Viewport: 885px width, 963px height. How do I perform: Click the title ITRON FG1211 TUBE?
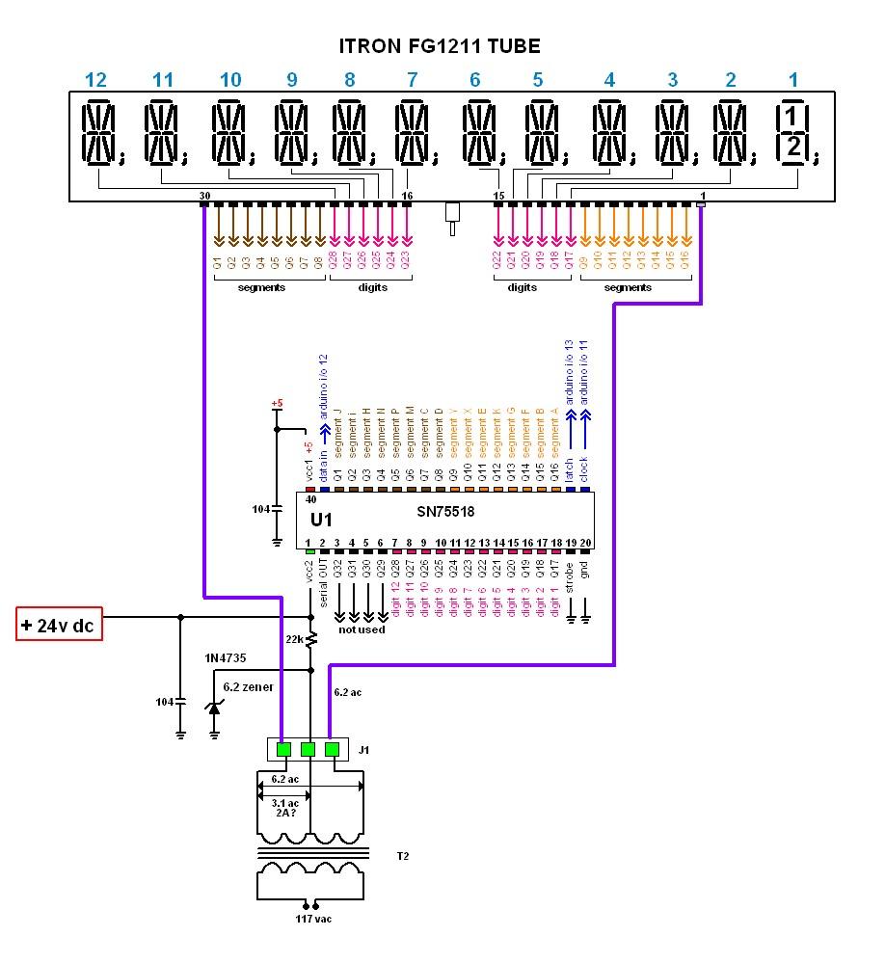(x=439, y=46)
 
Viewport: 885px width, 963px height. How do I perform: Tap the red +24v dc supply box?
(x=60, y=626)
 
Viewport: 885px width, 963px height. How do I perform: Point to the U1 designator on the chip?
(x=321, y=519)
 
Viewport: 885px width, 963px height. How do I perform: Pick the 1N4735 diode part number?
(x=224, y=657)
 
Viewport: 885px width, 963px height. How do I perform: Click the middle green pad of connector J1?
(x=308, y=749)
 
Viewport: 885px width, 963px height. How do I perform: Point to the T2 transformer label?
(x=402, y=855)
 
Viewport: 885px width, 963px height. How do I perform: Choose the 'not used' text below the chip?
(x=361, y=629)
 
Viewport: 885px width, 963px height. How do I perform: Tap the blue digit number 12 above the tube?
(x=96, y=80)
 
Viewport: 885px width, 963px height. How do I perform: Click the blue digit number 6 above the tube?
(x=474, y=80)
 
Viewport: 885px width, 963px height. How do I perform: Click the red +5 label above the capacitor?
(x=277, y=403)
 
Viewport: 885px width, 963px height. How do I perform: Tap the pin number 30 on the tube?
(x=203, y=196)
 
